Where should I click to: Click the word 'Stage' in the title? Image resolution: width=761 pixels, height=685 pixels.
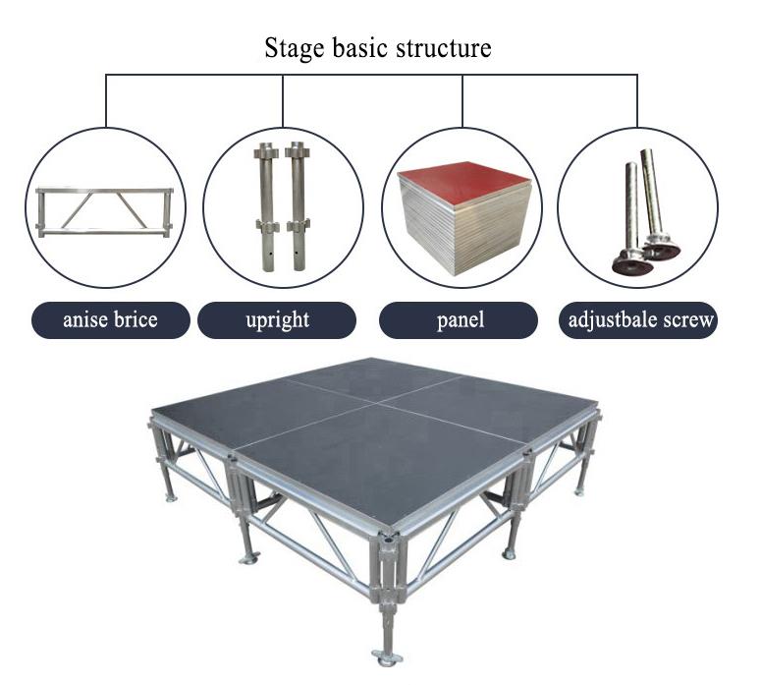point(295,48)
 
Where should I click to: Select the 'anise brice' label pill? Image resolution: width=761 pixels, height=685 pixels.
point(111,320)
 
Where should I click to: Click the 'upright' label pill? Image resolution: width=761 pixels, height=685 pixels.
point(277,320)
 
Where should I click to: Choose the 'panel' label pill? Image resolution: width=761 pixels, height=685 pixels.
point(459,320)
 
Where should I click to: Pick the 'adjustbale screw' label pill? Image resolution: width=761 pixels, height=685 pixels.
point(638,320)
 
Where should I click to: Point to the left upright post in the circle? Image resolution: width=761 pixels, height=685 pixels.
point(266,206)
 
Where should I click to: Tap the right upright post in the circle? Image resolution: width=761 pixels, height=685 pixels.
point(298,206)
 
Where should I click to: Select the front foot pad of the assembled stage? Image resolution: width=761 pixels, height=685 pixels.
point(387,656)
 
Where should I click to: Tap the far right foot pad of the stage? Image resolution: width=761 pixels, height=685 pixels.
point(579,492)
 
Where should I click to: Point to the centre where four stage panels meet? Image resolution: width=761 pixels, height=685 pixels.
point(375,403)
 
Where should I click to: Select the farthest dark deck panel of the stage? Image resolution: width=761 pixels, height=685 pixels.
point(373,379)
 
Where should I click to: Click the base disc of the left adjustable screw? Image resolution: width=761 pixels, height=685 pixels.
point(632,265)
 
